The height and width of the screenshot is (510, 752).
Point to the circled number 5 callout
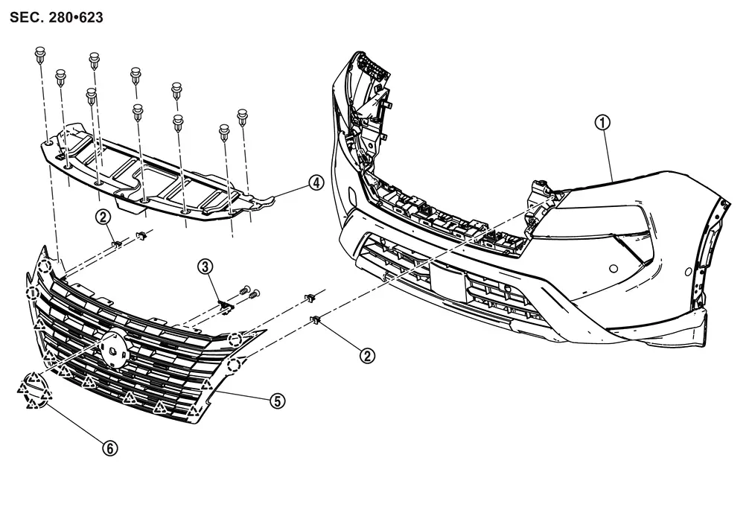click(276, 400)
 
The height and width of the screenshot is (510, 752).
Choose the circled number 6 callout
click(109, 447)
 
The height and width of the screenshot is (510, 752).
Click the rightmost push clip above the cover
click(243, 115)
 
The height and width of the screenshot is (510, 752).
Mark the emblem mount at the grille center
click(113, 347)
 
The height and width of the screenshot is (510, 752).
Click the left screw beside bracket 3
click(243, 290)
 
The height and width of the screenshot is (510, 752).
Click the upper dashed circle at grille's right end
click(235, 340)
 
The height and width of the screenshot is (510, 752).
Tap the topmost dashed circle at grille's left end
click(45, 267)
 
